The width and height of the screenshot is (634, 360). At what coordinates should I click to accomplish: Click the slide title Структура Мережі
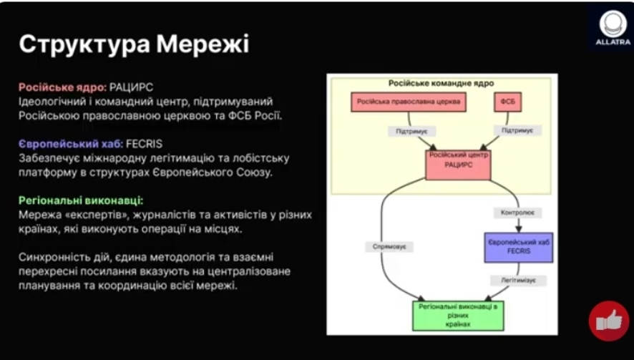pyautogui.click(x=134, y=44)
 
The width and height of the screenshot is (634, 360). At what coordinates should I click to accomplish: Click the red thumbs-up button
pyautogui.click(x=609, y=321)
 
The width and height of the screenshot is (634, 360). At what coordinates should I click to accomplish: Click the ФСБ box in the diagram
pyautogui.click(x=508, y=103)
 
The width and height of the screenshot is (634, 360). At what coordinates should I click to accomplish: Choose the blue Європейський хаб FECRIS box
pyautogui.click(x=519, y=247)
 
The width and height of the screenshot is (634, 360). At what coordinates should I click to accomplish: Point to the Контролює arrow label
pyautogui.click(x=518, y=213)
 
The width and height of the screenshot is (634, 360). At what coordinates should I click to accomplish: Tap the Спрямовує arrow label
pyautogui.click(x=390, y=246)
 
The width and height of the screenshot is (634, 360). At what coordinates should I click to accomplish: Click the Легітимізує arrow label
pyautogui.click(x=518, y=281)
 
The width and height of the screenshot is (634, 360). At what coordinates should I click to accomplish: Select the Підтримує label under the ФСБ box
pyautogui.click(x=517, y=131)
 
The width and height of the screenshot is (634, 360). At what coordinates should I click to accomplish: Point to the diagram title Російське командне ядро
pyautogui.click(x=439, y=84)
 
